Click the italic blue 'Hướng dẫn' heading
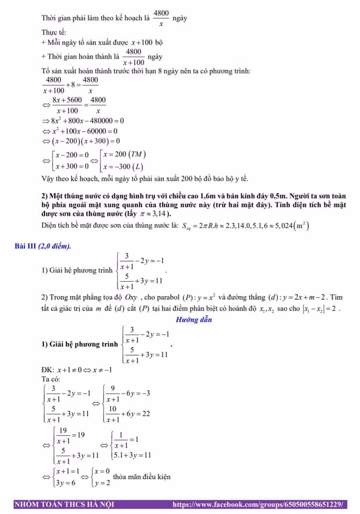pos(193,320)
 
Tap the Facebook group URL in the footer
pos(259,504)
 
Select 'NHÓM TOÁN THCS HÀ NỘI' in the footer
pos(64,504)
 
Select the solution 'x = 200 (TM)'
pos(124,154)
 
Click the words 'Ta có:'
pos(51,379)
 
